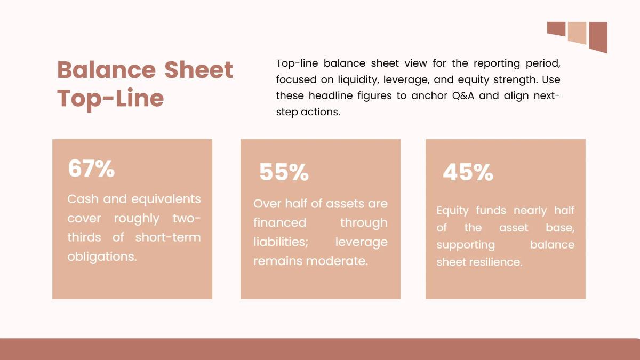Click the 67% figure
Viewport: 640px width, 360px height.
91,169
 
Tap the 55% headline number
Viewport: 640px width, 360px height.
284,172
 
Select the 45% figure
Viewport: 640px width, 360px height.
468,172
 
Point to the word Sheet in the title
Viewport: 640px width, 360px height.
198,70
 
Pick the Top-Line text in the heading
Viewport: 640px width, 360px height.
110,99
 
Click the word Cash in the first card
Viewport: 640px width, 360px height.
83,199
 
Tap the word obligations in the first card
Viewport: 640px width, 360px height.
102,257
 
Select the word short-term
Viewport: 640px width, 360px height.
168,237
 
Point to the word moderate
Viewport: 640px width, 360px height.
341,261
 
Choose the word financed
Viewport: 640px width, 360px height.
279,223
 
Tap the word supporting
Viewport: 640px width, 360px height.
466,245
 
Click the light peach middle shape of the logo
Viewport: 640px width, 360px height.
577,33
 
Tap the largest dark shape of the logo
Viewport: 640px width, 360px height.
598,37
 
